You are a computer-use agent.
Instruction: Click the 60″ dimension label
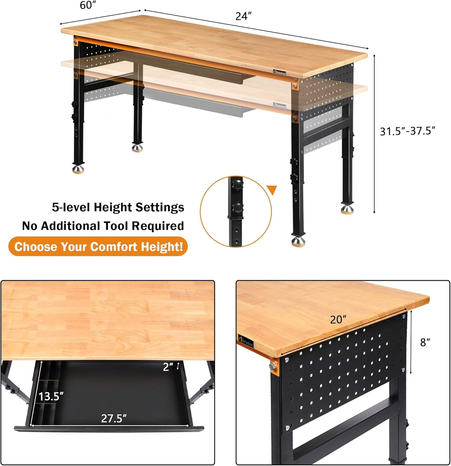click(x=88, y=5)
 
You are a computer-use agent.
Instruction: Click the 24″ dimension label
click(x=243, y=16)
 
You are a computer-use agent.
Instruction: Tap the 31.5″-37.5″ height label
click(x=407, y=131)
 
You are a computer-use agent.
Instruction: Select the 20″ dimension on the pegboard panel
click(x=338, y=319)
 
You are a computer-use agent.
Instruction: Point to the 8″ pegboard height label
click(x=425, y=342)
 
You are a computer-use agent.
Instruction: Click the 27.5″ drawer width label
click(x=114, y=418)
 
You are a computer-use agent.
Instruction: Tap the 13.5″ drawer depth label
click(x=51, y=396)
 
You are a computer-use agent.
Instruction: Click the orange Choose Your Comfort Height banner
click(x=98, y=247)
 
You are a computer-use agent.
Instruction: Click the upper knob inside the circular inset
click(x=238, y=183)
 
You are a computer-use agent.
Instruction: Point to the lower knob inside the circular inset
click(x=238, y=207)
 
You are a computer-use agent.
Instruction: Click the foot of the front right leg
click(x=299, y=241)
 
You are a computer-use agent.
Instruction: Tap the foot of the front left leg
click(x=78, y=169)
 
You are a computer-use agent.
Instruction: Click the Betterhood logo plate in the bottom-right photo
click(x=246, y=341)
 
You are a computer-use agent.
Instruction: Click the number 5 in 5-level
click(x=55, y=207)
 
